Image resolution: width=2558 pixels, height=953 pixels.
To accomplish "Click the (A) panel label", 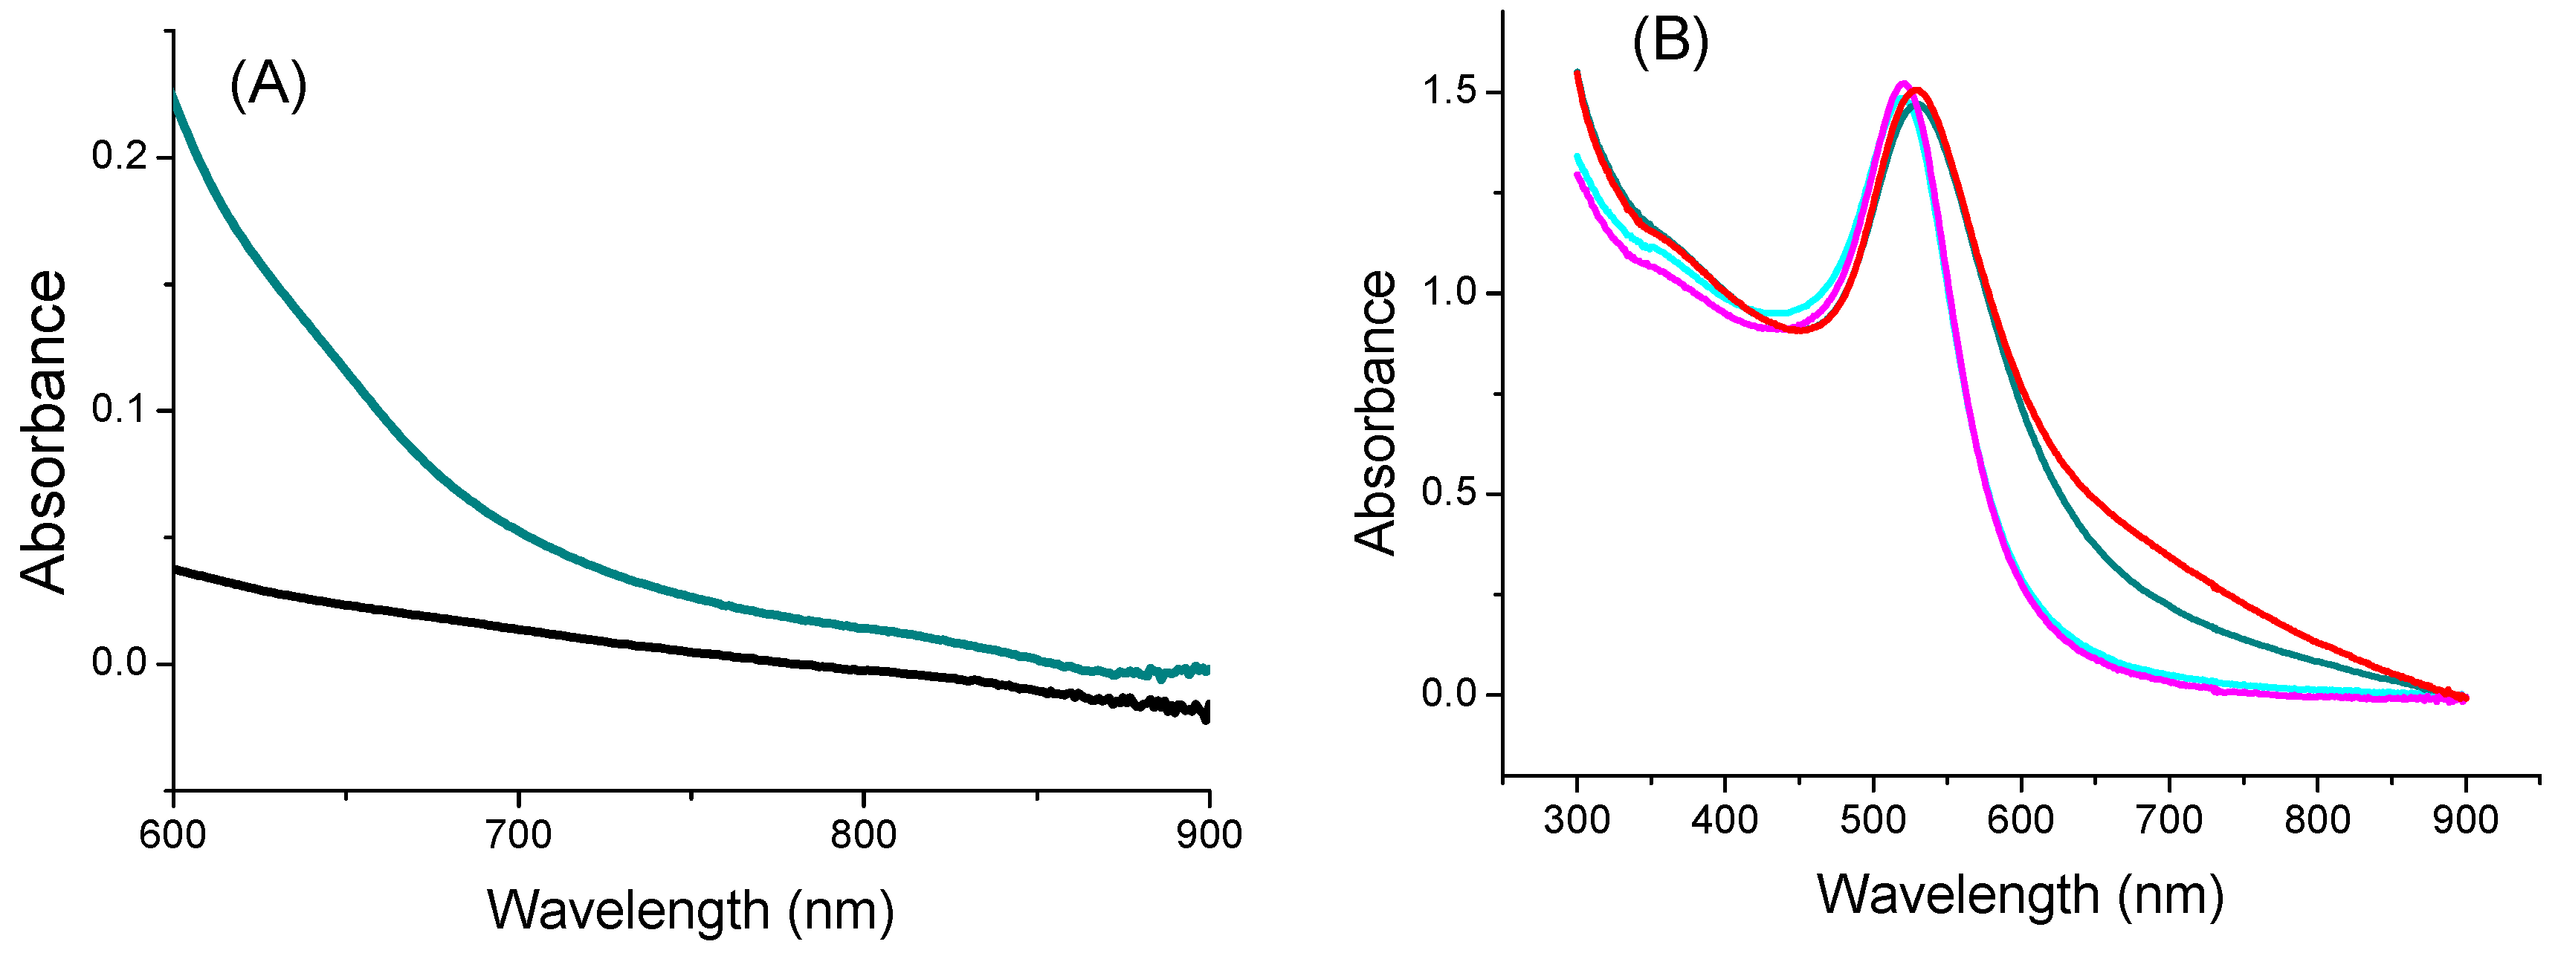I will (268, 85).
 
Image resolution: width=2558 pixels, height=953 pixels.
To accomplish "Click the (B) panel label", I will (1670, 42).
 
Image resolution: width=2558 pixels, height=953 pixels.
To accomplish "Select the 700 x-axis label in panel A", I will (518, 835).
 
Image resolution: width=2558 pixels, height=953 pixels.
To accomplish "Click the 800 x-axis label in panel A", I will (863, 835).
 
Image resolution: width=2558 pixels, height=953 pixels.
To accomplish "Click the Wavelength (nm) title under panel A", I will (690, 909).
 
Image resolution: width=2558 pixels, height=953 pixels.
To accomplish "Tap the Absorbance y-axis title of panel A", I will (45, 432).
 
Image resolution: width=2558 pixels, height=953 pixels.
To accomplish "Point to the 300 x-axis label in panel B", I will (1577, 820).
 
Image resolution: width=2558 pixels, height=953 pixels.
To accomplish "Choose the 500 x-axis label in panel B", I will (1873, 820).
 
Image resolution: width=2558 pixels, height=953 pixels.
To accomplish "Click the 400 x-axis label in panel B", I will (1725, 820).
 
